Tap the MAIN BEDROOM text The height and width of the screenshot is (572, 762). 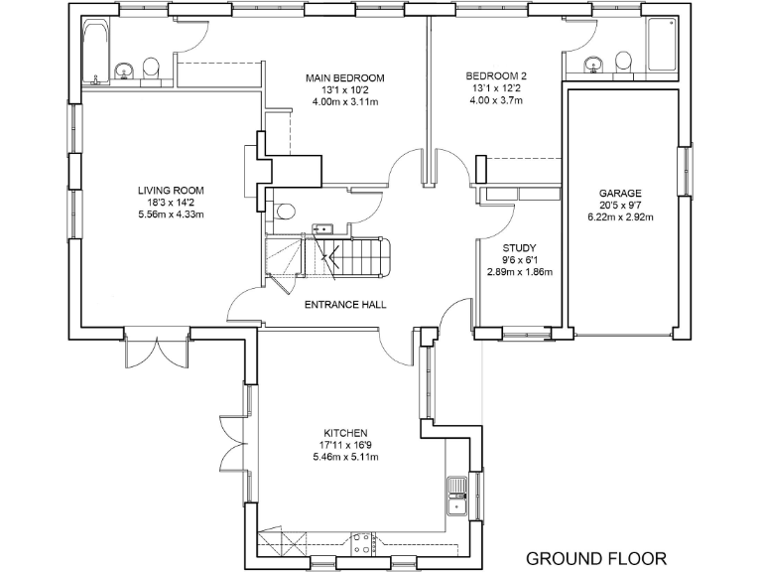(x=344, y=77)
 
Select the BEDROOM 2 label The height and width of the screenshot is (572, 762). (x=497, y=75)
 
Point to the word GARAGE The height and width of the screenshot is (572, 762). (x=620, y=194)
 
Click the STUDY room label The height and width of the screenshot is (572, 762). (x=519, y=248)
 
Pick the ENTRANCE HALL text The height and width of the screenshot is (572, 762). (x=344, y=305)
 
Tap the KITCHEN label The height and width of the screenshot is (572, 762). (x=344, y=433)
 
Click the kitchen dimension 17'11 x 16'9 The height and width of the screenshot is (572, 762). (x=344, y=445)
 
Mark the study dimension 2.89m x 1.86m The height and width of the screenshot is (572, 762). (x=519, y=272)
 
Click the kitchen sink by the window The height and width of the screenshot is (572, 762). (x=458, y=494)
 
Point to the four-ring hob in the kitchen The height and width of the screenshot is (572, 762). (x=362, y=542)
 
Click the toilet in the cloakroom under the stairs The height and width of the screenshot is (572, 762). (x=285, y=211)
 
